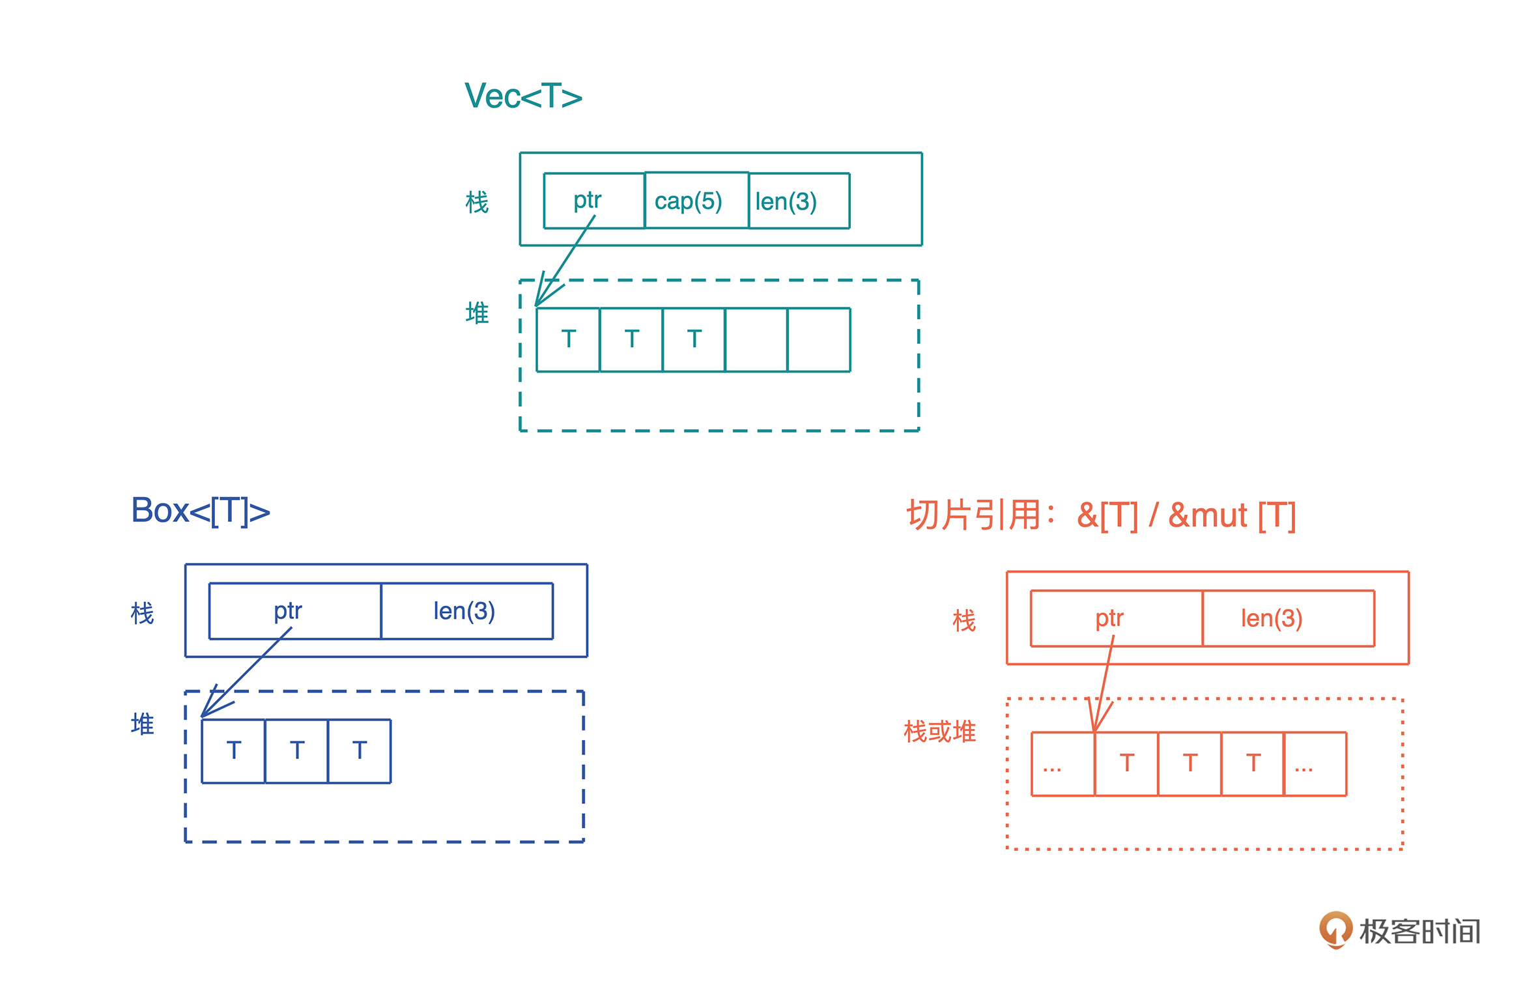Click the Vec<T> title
[523, 96]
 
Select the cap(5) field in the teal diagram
[696, 201]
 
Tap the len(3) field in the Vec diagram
[799, 201]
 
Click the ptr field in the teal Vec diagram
[593, 201]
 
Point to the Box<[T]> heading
[201, 510]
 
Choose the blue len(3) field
[466, 611]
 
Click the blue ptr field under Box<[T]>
[294, 611]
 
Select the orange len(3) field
[1288, 618]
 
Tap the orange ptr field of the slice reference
[1116, 618]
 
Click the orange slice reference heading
[1101, 515]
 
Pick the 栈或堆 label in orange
[939, 732]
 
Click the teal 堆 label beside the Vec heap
[477, 313]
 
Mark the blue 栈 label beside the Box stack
[142, 613]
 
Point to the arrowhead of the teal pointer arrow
[539, 301]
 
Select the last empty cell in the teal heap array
[819, 340]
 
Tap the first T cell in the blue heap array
[233, 751]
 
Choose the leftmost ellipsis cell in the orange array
[1062, 764]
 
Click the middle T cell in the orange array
[1190, 764]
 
